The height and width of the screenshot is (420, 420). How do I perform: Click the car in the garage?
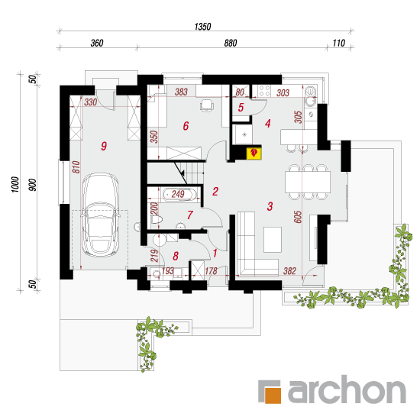click(x=101, y=215)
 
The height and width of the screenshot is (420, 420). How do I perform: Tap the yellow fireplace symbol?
click(x=254, y=153)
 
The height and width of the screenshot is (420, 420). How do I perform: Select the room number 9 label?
click(x=104, y=147)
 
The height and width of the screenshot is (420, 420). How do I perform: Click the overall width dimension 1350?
click(x=202, y=27)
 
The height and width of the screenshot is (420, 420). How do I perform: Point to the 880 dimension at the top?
click(x=231, y=43)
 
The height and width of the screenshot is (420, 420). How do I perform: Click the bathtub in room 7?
click(x=178, y=195)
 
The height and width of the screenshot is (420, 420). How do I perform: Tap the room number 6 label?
click(x=186, y=126)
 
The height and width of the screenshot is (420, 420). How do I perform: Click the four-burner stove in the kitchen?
click(x=264, y=91)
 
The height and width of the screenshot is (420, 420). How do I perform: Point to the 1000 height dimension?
click(x=15, y=184)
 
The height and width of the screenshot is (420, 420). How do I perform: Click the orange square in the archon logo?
click(x=273, y=395)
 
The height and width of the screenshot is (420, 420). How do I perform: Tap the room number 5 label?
click(x=241, y=108)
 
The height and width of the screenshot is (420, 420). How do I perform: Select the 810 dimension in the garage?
click(x=76, y=167)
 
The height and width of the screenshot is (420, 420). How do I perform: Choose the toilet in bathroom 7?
click(x=157, y=220)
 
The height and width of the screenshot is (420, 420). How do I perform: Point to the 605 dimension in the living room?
click(x=298, y=217)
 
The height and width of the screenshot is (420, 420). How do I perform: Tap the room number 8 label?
click(x=176, y=256)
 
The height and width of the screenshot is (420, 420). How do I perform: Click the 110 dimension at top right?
click(x=339, y=43)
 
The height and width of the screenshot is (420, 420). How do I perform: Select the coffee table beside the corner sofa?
click(x=273, y=240)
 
